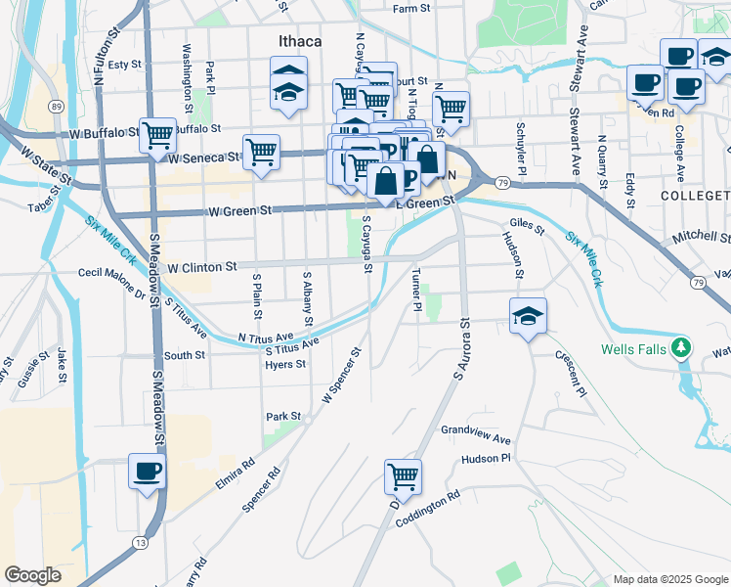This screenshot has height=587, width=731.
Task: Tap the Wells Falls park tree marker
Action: pos(684,347)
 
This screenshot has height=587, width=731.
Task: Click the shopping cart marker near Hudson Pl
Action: pos(403,477)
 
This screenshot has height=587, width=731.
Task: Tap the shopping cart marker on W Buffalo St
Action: pos(156,135)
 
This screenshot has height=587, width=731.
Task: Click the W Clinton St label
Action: pos(202,266)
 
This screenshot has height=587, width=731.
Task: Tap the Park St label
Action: pos(283,417)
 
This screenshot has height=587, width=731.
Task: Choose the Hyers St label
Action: pos(285,364)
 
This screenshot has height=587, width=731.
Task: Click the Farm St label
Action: pos(411,9)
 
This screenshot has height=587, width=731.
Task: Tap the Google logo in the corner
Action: pos(32,574)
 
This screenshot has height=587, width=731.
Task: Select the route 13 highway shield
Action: pos(142,541)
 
